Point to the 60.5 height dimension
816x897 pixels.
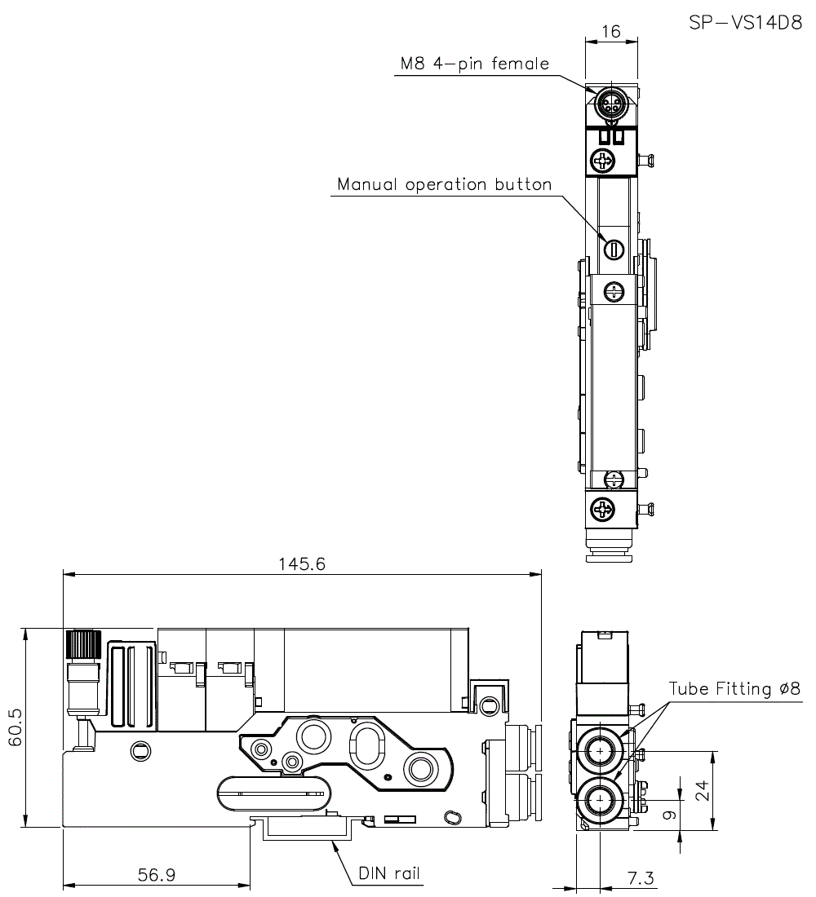(15, 727)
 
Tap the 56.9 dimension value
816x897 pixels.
(156, 875)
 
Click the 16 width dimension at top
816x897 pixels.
(610, 31)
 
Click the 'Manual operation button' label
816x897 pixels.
(445, 184)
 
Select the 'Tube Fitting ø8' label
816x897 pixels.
(735, 689)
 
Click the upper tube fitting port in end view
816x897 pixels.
(601, 750)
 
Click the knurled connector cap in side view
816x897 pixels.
(82, 645)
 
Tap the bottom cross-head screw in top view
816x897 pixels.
(605, 510)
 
